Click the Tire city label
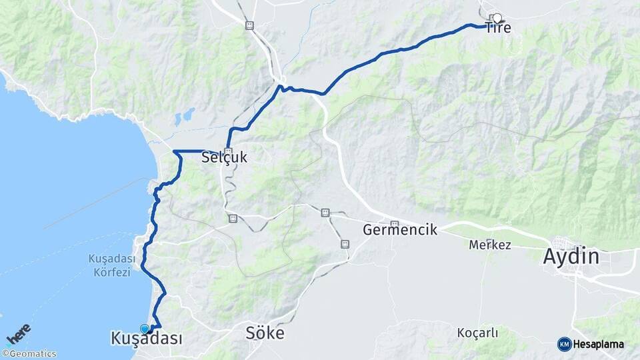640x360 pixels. point(498,28)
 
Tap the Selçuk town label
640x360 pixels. point(224,158)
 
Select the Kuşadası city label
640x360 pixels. point(147,339)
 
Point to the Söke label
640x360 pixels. point(265,333)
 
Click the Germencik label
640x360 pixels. point(400,230)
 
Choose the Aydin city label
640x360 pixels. point(571,256)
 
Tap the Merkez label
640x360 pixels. point(490,245)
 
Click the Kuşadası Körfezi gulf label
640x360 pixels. point(111,265)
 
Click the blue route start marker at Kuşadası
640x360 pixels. point(145,329)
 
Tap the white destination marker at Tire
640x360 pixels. point(497,18)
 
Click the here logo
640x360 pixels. point(19,334)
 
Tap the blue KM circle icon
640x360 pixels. point(564,344)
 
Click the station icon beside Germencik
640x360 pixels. point(394,224)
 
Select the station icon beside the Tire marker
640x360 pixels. point(492,17)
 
